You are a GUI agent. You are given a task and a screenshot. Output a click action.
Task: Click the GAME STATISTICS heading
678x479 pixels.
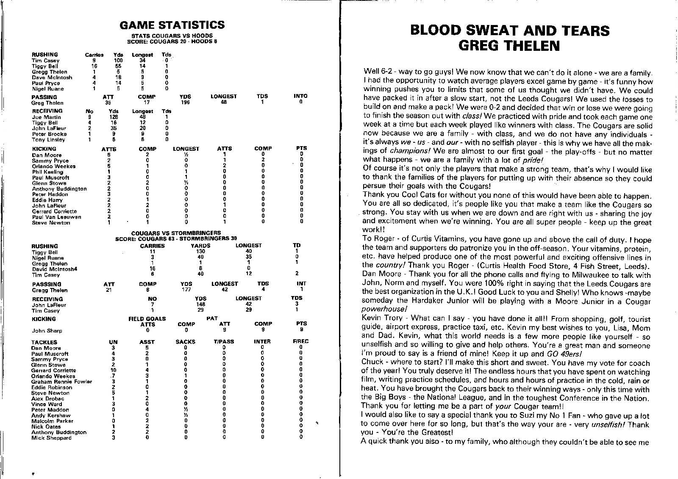(172, 25)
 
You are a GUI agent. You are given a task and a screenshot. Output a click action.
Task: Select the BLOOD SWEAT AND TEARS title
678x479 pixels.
(510, 30)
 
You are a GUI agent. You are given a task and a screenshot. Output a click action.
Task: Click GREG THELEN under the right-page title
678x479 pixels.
(509, 46)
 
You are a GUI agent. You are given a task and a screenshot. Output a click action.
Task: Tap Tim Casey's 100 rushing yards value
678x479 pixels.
(118, 61)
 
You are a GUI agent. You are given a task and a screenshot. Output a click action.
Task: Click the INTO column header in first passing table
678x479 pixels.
(300, 97)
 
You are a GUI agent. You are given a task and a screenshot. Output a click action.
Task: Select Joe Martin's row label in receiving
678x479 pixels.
(47, 117)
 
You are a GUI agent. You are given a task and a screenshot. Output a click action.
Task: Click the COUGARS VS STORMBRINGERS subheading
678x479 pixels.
(176, 233)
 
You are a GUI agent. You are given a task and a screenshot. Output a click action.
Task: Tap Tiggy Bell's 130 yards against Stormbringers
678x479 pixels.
(200, 252)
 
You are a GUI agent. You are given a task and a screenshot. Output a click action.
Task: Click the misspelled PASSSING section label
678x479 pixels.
(47, 284)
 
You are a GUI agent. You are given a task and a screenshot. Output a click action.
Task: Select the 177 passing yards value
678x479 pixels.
(186, 290)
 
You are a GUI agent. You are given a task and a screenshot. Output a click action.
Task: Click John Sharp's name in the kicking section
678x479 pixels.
(47, 331)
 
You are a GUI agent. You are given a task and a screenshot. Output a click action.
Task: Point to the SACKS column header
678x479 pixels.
(186, 342)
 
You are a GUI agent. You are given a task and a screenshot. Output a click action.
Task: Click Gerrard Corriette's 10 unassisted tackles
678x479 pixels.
(113, 370)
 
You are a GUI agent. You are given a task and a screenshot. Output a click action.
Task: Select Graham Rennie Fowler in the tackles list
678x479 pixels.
(61, 382)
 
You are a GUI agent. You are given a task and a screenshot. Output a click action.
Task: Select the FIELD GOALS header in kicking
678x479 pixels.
(147, 319)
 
